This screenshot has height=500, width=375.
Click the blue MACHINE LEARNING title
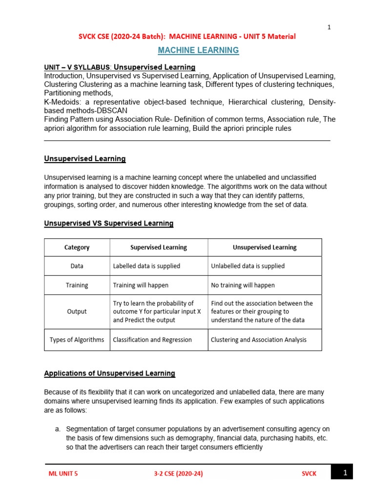tap(198, 50)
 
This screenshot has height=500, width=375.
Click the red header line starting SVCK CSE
tap(187, 36)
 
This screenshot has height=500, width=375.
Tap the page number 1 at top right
tap(329, 27)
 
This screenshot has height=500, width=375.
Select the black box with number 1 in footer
tap(341, 473)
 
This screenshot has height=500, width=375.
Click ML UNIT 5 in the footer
tap(63, 474)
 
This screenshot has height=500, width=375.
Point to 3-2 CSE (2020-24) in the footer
tap(175, 474)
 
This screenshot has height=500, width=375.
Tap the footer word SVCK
tap(309, 474)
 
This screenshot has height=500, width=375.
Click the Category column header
tap(77, 247)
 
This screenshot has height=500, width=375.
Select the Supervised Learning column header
tap(159, 247)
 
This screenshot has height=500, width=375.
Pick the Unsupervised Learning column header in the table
tap(265, 247)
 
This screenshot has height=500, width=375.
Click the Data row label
tap(77, 266)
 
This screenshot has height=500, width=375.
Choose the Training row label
tap(77, 285)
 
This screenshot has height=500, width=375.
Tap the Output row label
tap(77, 312)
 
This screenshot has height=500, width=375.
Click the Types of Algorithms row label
tap(77, 340)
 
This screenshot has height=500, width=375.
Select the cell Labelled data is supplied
tap(146, 266)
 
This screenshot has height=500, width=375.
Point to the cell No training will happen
tap(243, 285)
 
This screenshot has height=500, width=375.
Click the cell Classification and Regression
tap(152, 340)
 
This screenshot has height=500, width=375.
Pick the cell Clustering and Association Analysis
tap(259, 340)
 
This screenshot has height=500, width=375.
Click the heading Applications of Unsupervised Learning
tap(109, 374)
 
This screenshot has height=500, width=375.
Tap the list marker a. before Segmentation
tap(58, 429)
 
